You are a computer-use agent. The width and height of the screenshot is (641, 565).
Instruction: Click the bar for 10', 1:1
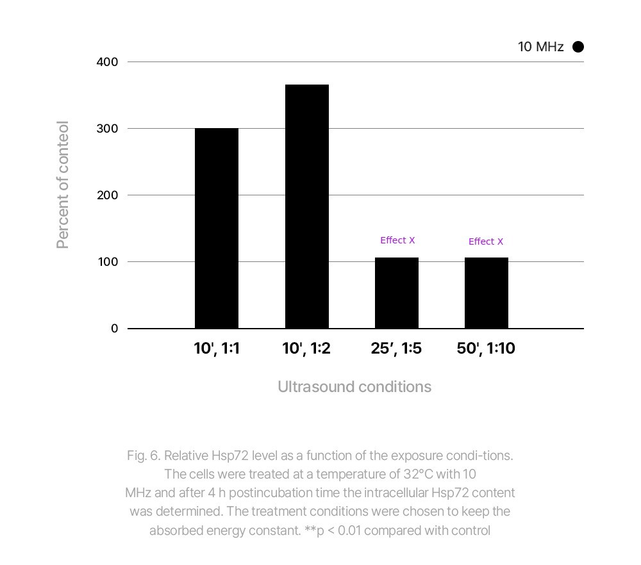(x=217, y=228)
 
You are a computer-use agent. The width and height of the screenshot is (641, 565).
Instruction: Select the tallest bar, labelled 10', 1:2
(x=307, y=206)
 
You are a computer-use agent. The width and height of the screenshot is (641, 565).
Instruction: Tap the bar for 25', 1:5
(x=397, y=293)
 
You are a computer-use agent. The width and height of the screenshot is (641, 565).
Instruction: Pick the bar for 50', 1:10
(x=487, y=293)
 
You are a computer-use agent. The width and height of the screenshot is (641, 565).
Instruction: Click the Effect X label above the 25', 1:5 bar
(x=397, y=240)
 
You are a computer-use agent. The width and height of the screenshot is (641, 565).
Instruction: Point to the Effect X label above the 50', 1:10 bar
(x=486, y=242)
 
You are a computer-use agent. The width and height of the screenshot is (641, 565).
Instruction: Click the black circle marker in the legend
(x=578, y=47)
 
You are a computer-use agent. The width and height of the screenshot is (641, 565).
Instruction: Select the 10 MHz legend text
(x=540, y=47)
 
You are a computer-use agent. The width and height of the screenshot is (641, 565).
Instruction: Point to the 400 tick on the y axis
(x=107, y=62)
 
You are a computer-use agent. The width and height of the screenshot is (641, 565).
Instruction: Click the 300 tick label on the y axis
(x=107, y=129)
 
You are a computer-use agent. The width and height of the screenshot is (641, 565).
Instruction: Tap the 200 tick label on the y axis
(x=107, y=195)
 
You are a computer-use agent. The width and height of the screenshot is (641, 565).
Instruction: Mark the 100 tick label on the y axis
(x=107, y=262)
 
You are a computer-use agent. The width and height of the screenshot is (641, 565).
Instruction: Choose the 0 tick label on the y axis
(x=114, y=329)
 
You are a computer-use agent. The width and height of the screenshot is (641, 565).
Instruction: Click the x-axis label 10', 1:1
(x=217, y=348)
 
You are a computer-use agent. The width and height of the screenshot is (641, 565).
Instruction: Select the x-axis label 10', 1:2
(x=306, y=348)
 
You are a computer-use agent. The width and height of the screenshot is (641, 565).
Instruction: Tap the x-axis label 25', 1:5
(x=396, y=348)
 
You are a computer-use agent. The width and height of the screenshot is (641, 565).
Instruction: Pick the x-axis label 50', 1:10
(x=486, y=348)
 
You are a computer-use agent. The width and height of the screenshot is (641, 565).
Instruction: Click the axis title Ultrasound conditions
(x=354, y=387)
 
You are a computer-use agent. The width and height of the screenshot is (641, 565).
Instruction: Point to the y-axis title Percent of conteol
(x=62, y=184)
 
